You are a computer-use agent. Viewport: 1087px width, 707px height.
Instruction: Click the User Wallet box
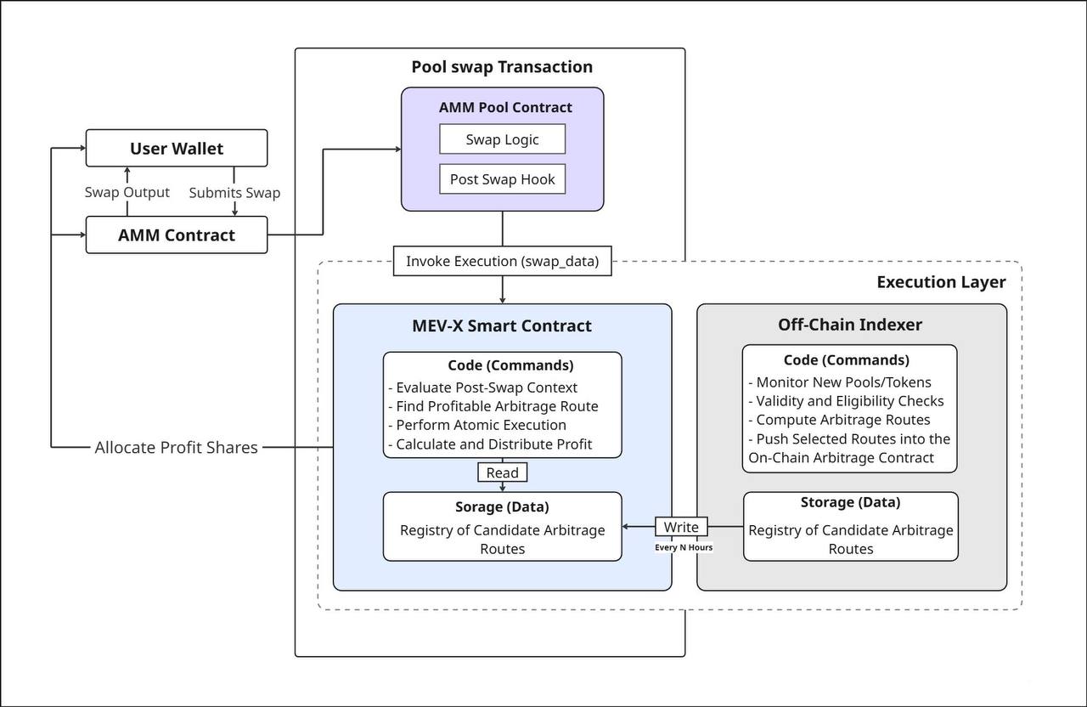177,148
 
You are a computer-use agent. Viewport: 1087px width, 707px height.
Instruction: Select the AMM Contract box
177,235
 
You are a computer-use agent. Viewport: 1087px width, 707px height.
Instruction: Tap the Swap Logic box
502,139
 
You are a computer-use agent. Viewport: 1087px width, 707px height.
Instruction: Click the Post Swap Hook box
502,179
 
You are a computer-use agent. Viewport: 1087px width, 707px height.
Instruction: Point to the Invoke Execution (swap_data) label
502,261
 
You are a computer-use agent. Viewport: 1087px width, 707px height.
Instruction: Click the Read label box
502,472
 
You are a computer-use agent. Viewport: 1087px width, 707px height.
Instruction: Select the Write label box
681,527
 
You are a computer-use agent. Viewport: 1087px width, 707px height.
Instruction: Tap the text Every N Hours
683,547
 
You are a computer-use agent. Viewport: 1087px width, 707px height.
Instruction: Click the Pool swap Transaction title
502,67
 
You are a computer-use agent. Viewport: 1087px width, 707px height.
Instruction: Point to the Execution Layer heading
941,282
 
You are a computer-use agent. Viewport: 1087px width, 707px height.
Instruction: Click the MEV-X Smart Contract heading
502,325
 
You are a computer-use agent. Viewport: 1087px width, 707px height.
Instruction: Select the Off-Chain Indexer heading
850,325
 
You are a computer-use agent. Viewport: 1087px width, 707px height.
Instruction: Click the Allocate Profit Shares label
176,447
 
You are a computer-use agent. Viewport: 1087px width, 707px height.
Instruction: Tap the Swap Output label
127,192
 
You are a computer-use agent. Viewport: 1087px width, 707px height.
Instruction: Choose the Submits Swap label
234,193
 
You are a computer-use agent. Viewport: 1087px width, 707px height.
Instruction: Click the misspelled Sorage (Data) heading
502,506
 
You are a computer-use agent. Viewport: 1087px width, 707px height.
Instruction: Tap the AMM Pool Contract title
505,108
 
